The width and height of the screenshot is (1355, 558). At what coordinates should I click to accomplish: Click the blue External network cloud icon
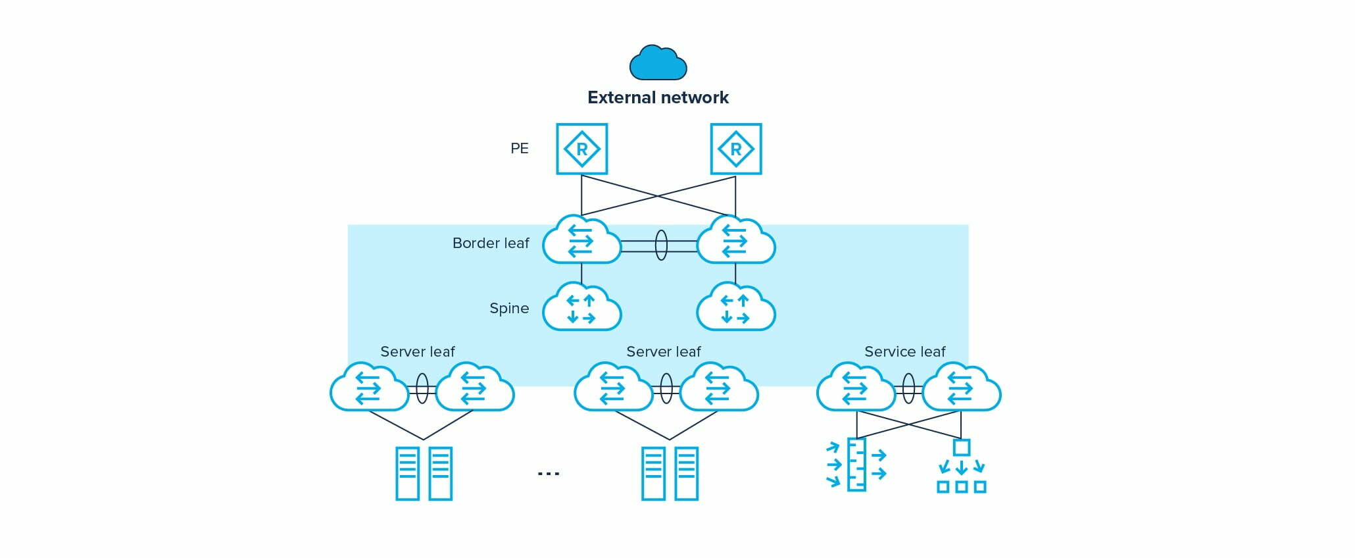pyautogui.click(x=658, y=63)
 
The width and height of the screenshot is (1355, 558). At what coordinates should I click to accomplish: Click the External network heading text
pyautogui.click(x=658, y=97)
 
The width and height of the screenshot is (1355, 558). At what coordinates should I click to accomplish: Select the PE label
pyautogui.click(x=520, y=149)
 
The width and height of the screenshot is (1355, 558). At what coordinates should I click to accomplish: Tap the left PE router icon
pyautogui.click(x=581, y=149)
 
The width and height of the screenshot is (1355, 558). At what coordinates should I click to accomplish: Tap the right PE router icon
pyautogui.click(x=735, y=149)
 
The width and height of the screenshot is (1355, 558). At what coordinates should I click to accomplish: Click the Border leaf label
pyautogui.click(x=491, y=243)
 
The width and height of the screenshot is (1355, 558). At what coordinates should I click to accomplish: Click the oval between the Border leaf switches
pyautogui.click(x=661, y=245)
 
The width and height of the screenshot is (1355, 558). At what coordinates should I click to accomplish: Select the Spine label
pyautogui.click(x=509, y=309)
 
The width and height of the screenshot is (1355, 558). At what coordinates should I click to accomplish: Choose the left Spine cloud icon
pyautogui.click(x=581, y=308)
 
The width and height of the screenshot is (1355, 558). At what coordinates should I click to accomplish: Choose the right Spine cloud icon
pyautogui.click(x=735, y=308)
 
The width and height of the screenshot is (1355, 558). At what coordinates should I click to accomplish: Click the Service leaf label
pyautogui.click(x=904, y=352)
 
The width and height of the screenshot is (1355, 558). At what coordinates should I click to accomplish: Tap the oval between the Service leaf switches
pyautogui.click(x=908, y=388)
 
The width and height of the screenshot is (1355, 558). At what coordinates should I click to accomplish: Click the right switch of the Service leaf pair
pyautogui.click(x=961, y=388)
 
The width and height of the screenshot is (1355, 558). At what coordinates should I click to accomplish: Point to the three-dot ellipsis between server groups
pyautogui.click(x=549, y=473)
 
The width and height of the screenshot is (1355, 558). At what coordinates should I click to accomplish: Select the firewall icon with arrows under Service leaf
pyautogui.click(x=856, y=465)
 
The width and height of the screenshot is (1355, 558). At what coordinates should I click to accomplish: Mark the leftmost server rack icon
pyautogui.click(x=407, y=474)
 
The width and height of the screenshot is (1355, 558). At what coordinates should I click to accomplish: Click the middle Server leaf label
pyautogui.click(x=663, y=352)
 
